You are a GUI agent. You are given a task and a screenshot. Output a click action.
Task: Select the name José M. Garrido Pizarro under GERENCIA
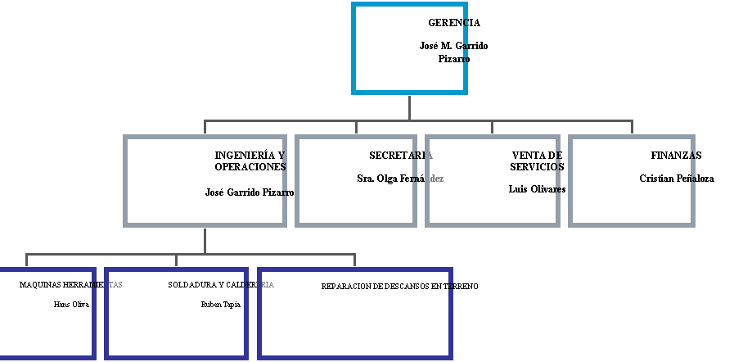point(453,52)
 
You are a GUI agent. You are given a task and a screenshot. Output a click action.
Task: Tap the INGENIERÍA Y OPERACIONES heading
point(250,161)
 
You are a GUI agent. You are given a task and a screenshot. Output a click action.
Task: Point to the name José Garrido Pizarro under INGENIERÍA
point(250,192)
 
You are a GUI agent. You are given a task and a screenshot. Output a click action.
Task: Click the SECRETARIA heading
point(401,155)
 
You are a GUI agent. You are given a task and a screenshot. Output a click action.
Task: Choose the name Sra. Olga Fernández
point(400,178)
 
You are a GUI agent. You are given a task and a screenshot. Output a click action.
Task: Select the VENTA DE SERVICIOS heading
point(538,161)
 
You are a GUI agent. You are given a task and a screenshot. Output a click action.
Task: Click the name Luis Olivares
point(537,189)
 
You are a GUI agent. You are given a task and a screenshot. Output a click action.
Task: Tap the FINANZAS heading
point(673,155)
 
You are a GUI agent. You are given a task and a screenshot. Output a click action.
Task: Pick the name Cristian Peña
point(668,178)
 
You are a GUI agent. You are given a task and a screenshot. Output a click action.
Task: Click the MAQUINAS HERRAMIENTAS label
point(70,285)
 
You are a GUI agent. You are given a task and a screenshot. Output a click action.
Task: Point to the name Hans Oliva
point(70,304)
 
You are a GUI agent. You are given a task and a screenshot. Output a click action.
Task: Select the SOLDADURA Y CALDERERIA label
point(220,285)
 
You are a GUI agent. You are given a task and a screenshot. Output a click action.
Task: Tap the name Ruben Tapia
point(220,304)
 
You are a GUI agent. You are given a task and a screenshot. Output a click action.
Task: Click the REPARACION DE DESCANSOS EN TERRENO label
point(399,286)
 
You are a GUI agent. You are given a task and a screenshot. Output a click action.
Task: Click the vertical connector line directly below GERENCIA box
point(409,107)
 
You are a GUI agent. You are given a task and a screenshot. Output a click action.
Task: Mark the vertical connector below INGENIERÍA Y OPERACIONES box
point(205,240)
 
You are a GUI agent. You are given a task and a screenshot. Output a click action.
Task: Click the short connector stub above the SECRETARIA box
point(356,127)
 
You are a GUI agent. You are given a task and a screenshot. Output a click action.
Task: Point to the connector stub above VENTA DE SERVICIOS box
point(493,127)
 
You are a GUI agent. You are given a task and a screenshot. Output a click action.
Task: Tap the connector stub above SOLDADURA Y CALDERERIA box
point(176,260)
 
